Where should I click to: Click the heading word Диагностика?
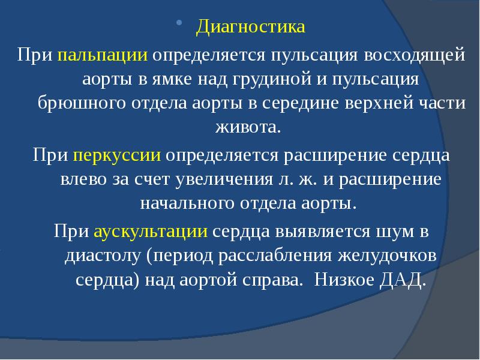tap(251, 28)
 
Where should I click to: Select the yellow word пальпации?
tap(103, 56)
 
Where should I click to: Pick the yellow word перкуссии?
tap(117, 155)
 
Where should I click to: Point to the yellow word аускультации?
tap(151, 231)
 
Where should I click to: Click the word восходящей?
tap(423, 56)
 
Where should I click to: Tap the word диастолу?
tap(102, 256)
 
